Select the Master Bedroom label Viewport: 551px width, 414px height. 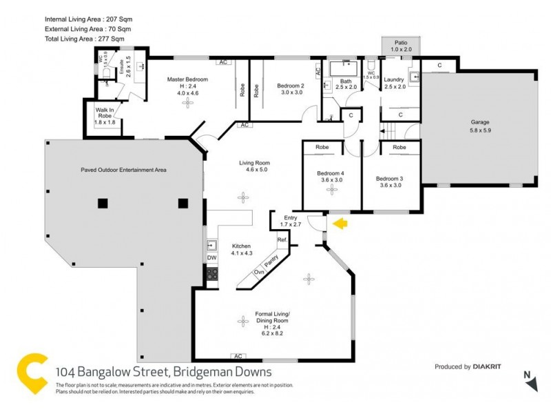[x=187, y=79]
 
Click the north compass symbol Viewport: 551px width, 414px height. [x=528, y=379]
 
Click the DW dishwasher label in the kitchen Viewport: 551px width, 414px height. [x=211, y=257]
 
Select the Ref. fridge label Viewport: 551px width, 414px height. [x=282, y=239]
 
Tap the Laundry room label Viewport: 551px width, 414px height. [x=394, y=80]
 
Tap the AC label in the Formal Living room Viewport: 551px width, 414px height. [x=239, y=356]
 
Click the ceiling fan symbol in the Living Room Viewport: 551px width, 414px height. [x=242, y=198]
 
